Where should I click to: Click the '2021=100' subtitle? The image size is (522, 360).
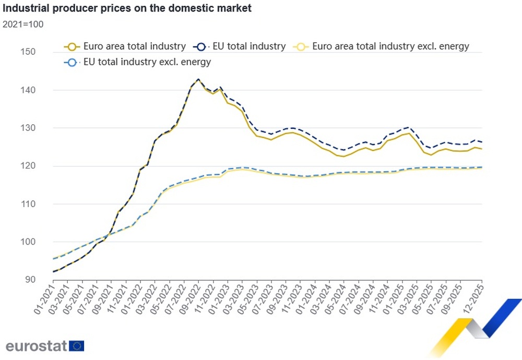coord(23,24)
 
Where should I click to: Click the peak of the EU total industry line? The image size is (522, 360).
coord(198,79)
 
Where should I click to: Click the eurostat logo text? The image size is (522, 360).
coord(36,346)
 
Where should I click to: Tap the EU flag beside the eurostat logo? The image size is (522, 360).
coord(77,346)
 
